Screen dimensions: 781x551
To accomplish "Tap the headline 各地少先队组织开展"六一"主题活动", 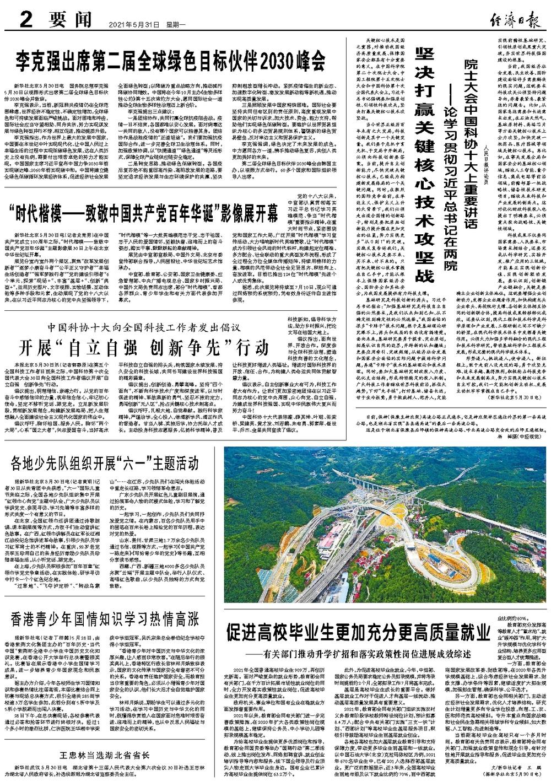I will pyautogui.click(x=102, y=461).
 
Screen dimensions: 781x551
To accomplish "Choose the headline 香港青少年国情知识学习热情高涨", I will pyautogui.click(x=104, y=620).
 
